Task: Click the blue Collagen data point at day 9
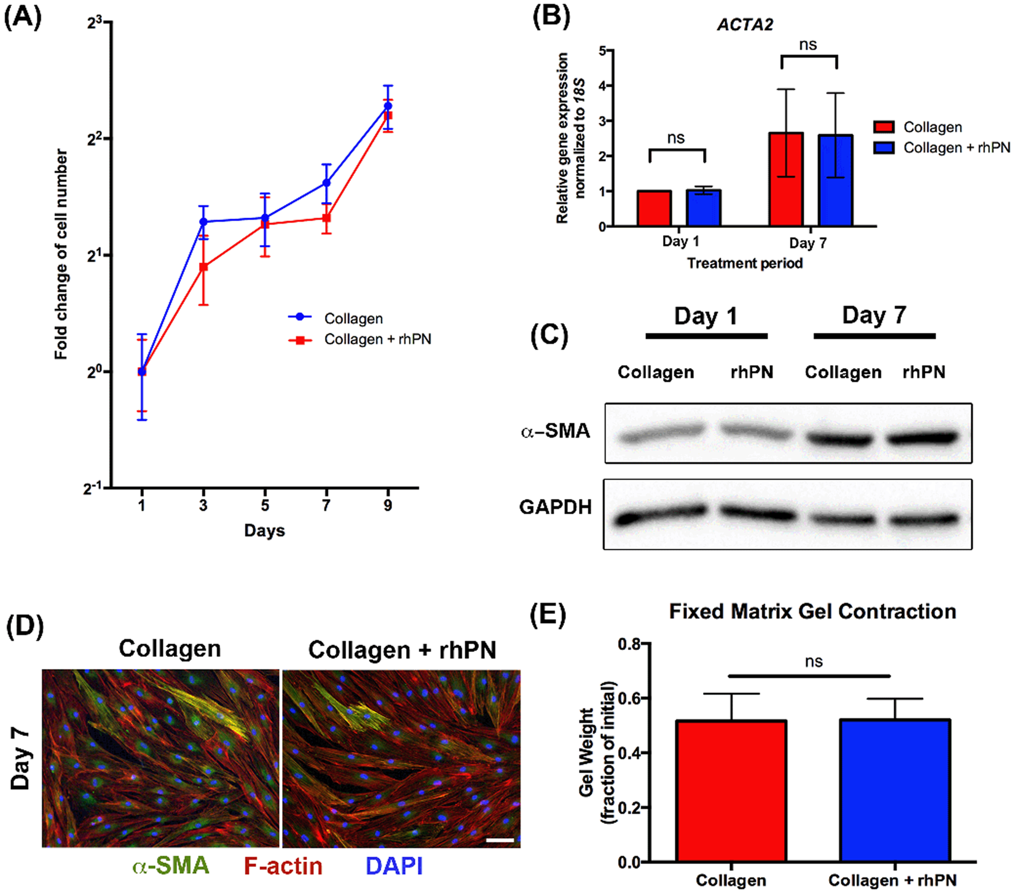388,106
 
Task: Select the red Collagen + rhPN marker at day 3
203,267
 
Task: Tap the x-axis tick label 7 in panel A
326,505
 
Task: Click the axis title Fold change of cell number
61,254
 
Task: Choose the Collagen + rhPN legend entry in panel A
377,339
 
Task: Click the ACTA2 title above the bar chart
745,25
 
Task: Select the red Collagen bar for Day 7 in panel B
786,179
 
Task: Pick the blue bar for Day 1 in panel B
704,208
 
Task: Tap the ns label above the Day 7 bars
808,45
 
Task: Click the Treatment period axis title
745,264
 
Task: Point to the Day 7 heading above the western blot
874,315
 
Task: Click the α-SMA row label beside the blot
555,431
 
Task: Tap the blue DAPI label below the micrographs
394,866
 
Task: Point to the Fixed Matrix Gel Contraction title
812,611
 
